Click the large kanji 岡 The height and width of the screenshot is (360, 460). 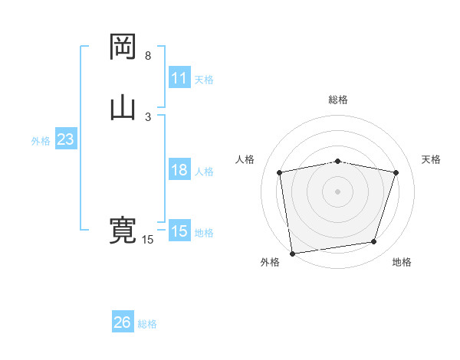[x=123, y=47]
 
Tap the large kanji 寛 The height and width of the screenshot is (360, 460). [x=123, y=231]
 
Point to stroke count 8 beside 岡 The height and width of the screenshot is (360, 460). [x=148, y=56]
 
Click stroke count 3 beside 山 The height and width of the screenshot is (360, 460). [x=148, y=116]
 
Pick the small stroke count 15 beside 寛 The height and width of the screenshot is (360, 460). [x=148, y=240]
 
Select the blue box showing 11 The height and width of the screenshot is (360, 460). [x=179, y=78]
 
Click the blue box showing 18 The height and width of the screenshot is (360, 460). [x=179, y=170]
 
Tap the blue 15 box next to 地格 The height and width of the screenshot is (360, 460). [x=179, y=231]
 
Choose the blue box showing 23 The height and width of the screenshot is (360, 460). [x=65, y=139]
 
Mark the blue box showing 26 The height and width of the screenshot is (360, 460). [x=123, y=322]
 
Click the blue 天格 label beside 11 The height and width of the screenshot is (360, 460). [x=204, y=79]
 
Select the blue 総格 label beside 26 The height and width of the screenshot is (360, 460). [x=147, y=324]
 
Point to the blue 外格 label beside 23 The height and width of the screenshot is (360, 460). [x=41, y=141]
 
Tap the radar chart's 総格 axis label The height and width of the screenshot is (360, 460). [x=338, y=100]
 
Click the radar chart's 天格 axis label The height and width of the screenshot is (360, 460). [x=432, y=159]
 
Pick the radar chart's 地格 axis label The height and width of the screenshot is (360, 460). [x=402, y=262]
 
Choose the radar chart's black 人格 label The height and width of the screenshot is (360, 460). [x=245, y=159]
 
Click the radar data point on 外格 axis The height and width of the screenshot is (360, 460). [x=292, y=253]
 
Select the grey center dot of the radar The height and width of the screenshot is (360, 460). [x=338, y=191]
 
